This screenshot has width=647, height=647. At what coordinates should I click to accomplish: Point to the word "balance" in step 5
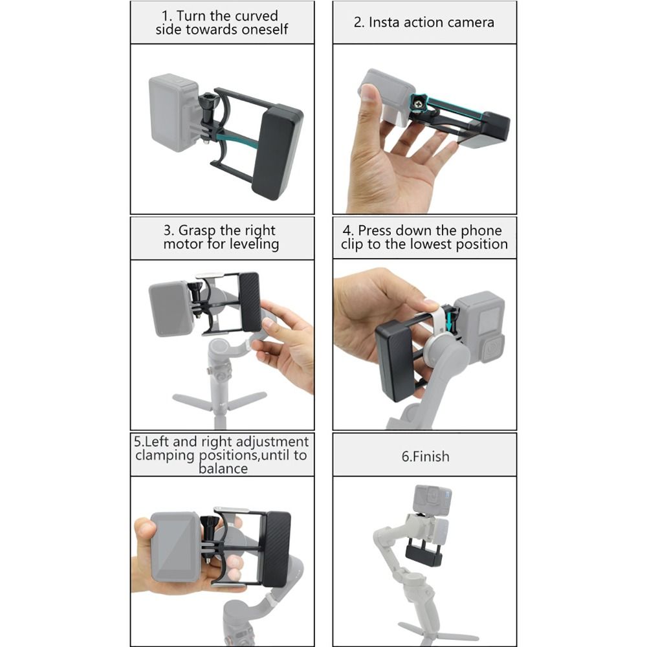[x=223, y=468]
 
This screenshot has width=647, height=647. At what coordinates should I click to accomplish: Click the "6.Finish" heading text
[x=426, y=456]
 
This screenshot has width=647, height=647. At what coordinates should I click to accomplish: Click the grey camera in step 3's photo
[x=171, y=309]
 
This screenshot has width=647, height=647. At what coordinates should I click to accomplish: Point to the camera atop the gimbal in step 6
[x=432, y=500]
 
